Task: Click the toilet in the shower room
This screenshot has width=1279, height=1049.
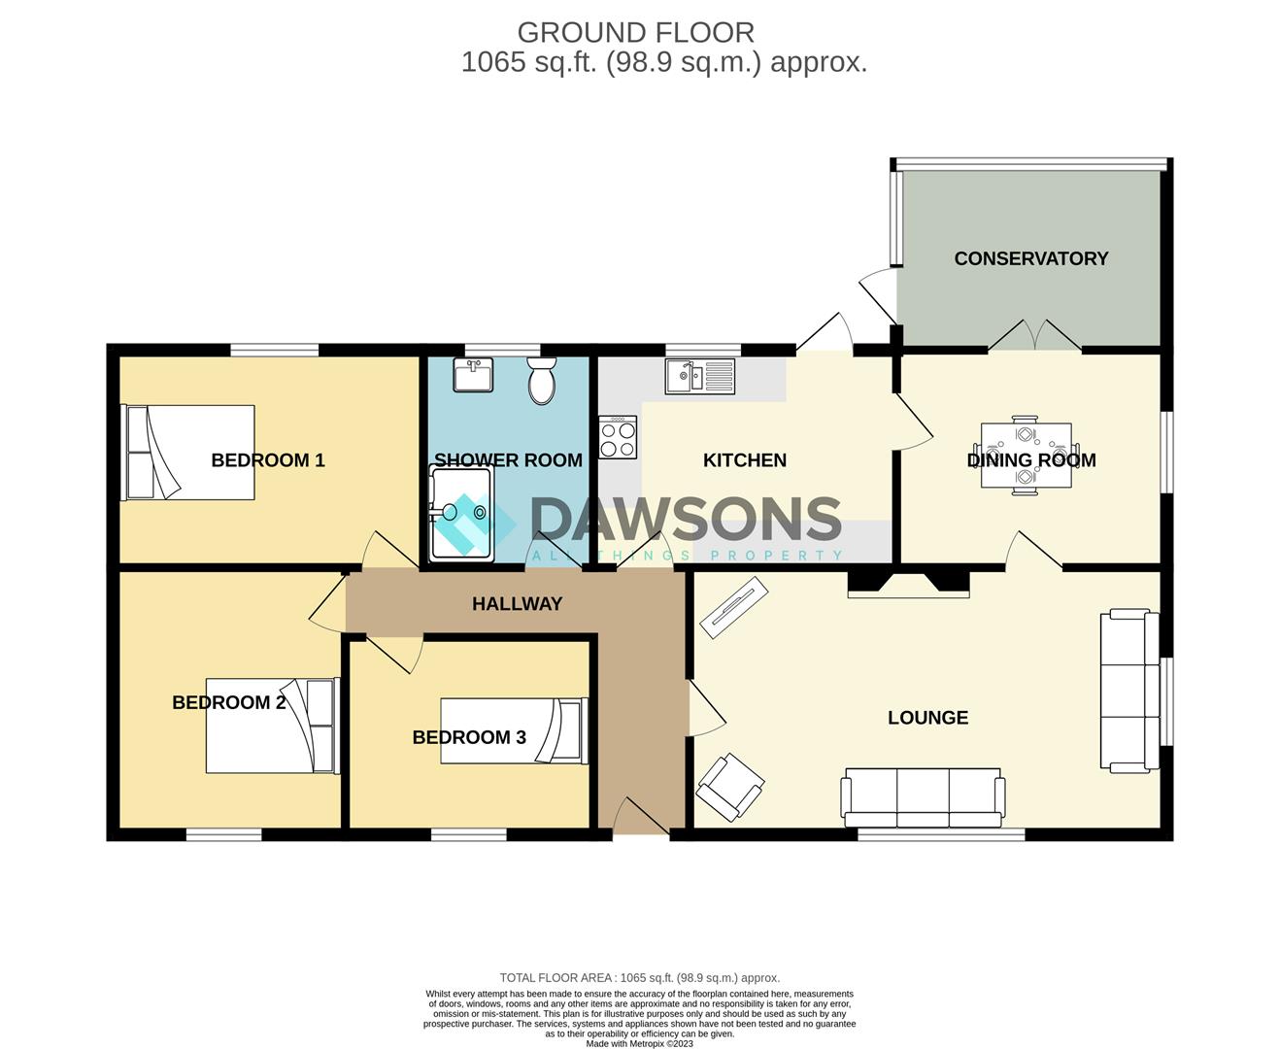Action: [542, 380]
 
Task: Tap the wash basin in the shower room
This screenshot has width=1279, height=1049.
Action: [473, 374]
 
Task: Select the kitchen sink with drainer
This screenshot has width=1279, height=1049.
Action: [699, 376]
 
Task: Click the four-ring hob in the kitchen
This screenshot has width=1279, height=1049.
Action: [618, 437]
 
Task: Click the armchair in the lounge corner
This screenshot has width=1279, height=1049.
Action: [730, 787]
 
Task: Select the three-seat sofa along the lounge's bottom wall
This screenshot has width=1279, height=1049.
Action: [923, 797]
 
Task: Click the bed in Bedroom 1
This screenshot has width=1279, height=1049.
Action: [188, 453]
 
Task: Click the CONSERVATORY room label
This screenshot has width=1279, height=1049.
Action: [1031, 258]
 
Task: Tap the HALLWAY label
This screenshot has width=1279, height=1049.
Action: [518, 604]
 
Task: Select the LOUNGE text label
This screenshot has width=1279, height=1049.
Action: [927, 718]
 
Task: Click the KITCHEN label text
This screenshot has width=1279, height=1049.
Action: [745, 460]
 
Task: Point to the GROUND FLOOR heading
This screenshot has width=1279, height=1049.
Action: [635, 33]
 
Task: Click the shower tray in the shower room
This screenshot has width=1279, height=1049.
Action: [461, 513]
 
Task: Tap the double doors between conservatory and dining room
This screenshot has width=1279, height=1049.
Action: [1034, 336]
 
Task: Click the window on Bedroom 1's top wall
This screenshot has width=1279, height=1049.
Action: [275, 350]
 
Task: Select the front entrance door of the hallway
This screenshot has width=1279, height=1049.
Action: [641, 817]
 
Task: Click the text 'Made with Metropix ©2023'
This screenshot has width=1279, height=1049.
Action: [639, 1043]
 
